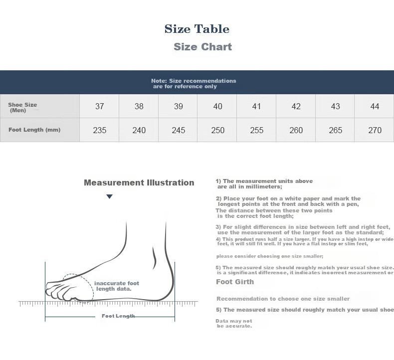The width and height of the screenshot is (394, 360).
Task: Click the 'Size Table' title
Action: click(197, 29)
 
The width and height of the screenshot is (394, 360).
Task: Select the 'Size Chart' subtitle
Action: click(203, 47)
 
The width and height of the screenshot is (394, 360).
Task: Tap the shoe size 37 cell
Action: click(99, 106)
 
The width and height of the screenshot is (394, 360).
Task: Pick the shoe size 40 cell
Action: click(217, 106)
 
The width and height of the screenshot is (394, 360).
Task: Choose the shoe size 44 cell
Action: click(374, 106)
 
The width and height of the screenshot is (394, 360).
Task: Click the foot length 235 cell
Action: click(99, 130)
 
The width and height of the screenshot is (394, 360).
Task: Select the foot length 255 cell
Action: click(256, 130)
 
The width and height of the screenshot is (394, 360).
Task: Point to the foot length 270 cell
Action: click(374, 130)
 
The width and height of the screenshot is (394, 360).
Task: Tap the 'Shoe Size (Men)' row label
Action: click(22, 107)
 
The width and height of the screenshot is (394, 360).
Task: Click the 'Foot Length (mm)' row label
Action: click(34, 130)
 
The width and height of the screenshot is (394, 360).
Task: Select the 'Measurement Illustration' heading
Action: click(139, 182)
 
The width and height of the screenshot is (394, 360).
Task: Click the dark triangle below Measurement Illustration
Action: click(109, 196)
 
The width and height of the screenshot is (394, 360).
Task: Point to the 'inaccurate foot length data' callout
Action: click(117, 286)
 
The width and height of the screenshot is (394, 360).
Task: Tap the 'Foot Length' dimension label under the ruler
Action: click(118, 316)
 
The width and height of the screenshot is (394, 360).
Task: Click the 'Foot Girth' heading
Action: click(235, 282)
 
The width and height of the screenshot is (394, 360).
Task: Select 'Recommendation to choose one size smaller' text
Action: click(283, 299)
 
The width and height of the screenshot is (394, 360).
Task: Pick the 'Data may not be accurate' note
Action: click(234, 323)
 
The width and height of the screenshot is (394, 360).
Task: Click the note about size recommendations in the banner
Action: click(194, 83)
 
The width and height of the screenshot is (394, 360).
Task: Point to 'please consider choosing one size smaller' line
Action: click(270, 256)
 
